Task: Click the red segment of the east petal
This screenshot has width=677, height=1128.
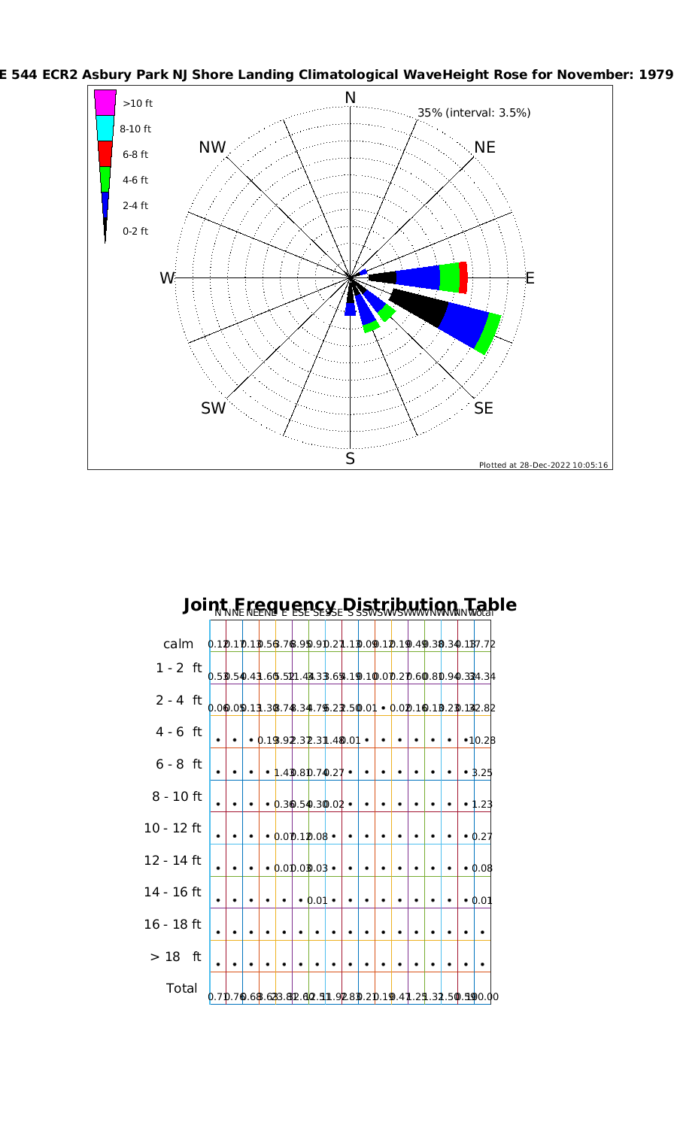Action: pos(463,277)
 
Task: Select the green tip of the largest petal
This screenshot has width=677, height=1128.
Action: pos(489,333)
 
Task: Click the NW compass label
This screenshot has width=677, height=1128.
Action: pos(212,147)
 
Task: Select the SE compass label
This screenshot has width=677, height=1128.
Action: pos(484,408)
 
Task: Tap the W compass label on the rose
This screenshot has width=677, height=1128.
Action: pos(166,278)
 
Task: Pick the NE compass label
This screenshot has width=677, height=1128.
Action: pos(485,147)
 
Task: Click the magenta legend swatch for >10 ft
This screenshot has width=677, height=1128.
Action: pos(105,102)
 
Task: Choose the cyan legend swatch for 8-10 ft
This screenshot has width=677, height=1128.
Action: pos(105,128)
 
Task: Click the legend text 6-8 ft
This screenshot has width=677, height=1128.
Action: pos(135,155)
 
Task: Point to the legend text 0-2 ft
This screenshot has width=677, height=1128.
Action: pos(135,231)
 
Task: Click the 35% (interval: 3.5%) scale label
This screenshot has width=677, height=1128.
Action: pos(474,113)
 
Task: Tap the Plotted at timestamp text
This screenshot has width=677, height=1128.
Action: pos(543,465)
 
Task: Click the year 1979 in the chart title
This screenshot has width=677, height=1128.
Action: pos(656,74)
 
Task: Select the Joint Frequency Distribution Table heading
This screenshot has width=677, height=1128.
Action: pos(350,605)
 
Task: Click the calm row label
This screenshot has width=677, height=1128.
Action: pos(178,644)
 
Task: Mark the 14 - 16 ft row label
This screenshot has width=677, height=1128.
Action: pos(173,893)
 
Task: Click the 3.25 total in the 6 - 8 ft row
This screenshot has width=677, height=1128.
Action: pos(482,772)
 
